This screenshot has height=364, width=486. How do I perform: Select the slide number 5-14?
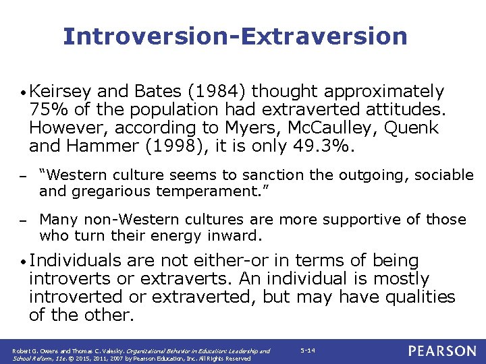307,351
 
